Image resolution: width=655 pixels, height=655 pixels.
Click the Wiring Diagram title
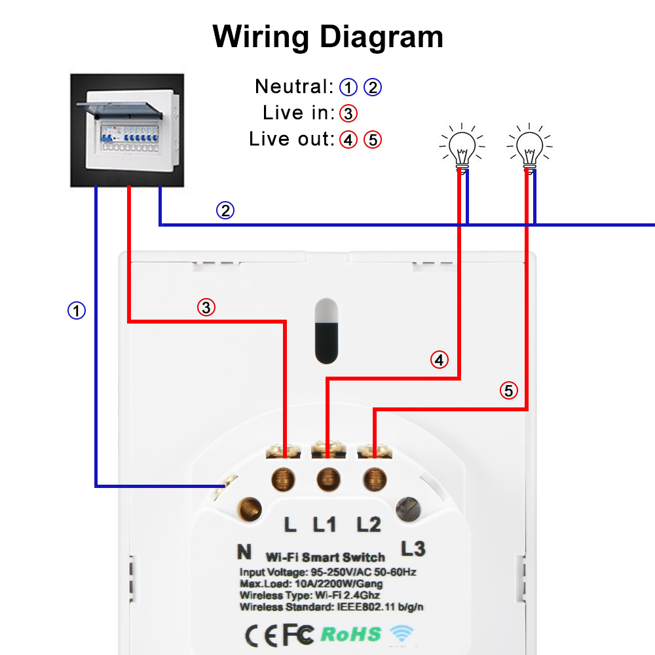[x=328, y=37]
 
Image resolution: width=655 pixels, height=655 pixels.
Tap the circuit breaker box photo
[x=126, y=130]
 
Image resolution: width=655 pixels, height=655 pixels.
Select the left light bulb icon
[x=462, y=148]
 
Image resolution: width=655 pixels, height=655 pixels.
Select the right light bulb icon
[x=529, y=148]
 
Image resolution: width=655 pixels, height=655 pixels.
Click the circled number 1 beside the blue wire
[x=77, y=310]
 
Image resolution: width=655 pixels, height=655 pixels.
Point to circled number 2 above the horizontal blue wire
[x=225, y=211]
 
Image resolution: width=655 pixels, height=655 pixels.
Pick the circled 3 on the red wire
[x=206, y=307]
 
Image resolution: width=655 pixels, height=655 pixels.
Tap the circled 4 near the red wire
[x=440, y=360]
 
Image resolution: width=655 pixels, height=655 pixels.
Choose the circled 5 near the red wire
[x=509, y=391]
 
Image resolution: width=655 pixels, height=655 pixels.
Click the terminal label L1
[x=325, y=524]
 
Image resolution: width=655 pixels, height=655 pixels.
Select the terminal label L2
[x=369, y=524]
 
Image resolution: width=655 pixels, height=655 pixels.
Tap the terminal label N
[x=244, y=552]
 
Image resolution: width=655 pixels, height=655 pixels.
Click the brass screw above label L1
[x=327, y=479]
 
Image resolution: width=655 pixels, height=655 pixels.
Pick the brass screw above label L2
[x=373, y=479]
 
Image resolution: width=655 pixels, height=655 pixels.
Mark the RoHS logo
[x=350, y=633]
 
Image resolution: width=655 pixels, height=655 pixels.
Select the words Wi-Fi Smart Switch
[x=325, y=557]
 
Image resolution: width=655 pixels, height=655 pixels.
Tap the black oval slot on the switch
[x=326, y=331]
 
